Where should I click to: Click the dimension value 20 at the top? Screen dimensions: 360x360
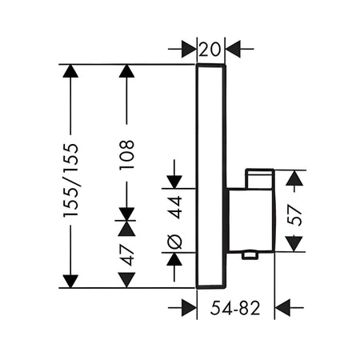[x=210, y=49]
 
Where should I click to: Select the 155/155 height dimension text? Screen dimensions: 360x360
[x=70, y=180]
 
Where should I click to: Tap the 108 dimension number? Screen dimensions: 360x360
[x=126, y=155]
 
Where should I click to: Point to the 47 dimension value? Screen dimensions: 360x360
[x=126, y=254]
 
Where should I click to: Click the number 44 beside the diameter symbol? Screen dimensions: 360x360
[x=175, y=207]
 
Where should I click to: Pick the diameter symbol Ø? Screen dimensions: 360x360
[x=175, y=242]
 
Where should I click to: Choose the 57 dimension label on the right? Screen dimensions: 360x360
[x=294, y=214]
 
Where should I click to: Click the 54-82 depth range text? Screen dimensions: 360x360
[x=235, y=308]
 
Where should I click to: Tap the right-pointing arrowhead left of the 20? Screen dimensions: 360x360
[x=189, y=49]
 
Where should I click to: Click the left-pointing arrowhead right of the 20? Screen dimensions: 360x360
[x=233, y=49]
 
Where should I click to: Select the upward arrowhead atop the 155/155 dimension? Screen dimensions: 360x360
[x=70, y=71]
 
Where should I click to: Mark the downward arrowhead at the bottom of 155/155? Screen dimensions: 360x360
[x=70, y=282]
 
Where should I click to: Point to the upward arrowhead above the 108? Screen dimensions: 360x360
[x=126, y=71]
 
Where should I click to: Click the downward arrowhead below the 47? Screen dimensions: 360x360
[x=126, y=280]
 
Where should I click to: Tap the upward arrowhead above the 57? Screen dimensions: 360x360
[x=294, y=178]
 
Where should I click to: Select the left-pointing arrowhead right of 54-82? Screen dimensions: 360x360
[x=282, y=307]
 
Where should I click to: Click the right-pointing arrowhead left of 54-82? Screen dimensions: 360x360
[x=189, y=307]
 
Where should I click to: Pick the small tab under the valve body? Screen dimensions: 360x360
[x=250, y=256]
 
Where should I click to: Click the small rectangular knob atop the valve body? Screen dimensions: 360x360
[x=260, y=178]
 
